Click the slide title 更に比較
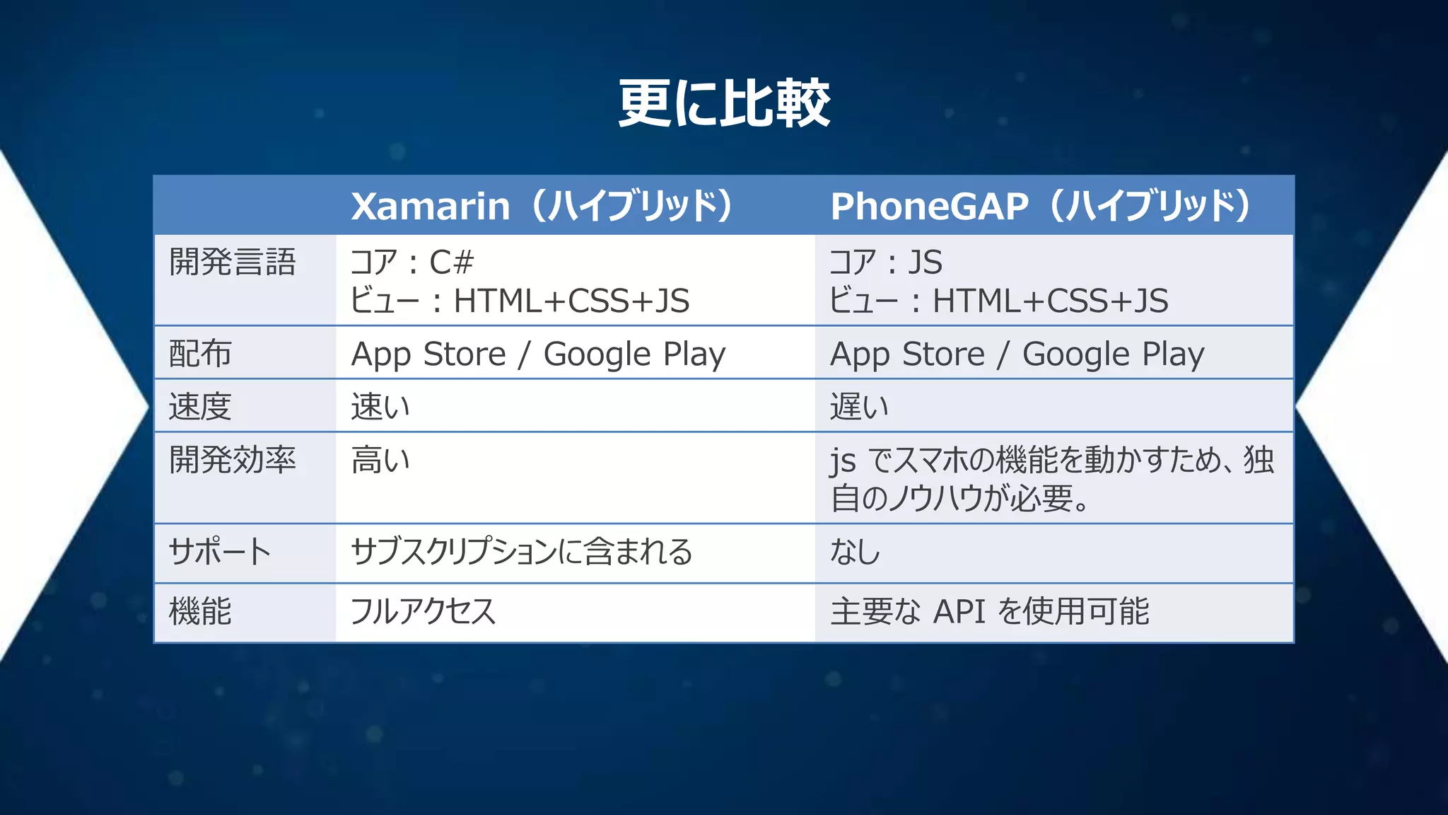point(724,103)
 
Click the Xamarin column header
point(542,206)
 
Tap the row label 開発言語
point(232,262)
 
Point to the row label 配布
point(200,354)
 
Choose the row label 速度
point(200,407)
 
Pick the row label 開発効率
point(232,460)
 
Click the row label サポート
point(220,552)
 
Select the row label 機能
point(200,611)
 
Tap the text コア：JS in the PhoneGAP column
point(886,262)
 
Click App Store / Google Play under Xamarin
point(538,354)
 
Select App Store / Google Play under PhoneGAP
point(1017,354)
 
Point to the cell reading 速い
point(380,407)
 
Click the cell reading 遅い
point(859,407)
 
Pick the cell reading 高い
point(380,460)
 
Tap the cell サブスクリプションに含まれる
point(522,552)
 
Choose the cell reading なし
point(855,552)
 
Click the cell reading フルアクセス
point(424,611)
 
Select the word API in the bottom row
point(959,611)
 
